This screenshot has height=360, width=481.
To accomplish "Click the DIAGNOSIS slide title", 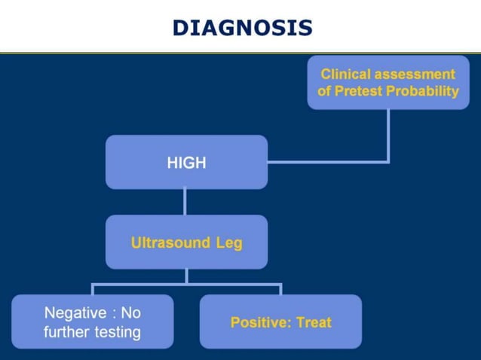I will coord(241,28).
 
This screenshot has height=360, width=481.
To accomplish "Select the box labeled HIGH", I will coord(186,162).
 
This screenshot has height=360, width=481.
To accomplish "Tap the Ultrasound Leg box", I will coord(186,243).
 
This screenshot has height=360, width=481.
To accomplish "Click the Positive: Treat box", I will coord(280,322).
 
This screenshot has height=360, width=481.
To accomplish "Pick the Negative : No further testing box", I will coord(92,322).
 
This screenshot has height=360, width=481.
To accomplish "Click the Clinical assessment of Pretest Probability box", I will coord(388,83).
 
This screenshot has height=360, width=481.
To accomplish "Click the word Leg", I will coord(228,243).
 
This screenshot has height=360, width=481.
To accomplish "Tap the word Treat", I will coord(314,322).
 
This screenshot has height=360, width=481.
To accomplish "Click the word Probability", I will coord(422,91).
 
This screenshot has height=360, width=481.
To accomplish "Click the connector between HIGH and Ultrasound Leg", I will coord(185,202).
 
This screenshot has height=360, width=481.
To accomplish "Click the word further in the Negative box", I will coord(66,332).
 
